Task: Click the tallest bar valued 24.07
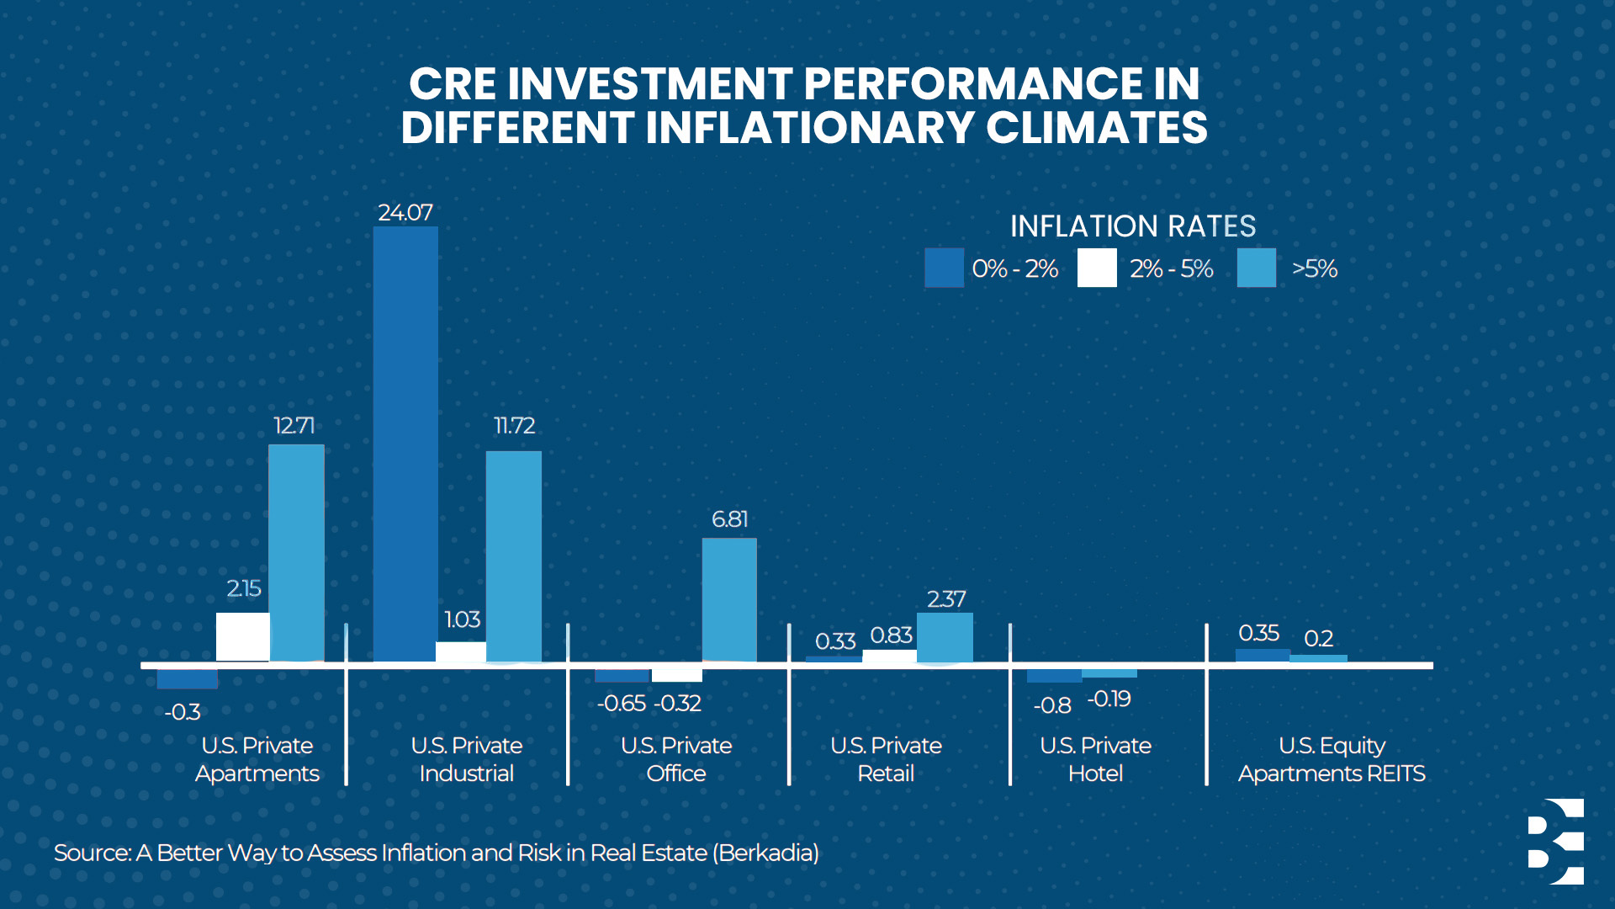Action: [x=405, y=444]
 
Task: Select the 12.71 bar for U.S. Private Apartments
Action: [x=296, y=553]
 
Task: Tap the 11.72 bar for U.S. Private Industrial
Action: [x=514, y=556]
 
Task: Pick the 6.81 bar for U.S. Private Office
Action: [x=729, y=600]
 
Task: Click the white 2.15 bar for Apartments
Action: [x=243, y=637]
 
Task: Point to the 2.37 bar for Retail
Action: [x=945, y=638]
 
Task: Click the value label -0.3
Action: [x=183, y=713]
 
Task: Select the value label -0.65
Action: [x=622, y=704]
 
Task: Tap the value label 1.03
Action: [x=462, y=620]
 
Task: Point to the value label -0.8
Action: [x=1052, y=705]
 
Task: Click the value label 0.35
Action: [x=1258, y=633]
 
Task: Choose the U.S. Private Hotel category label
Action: [x=1095, y=759]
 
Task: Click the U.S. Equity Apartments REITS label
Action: [x=1332, y=759]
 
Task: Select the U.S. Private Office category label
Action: [x=676, y=759]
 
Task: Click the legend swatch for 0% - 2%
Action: [x=944, y=268]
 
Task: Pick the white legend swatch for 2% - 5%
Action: [x=1097, y=268]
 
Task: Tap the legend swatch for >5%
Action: [x=1256, y=268]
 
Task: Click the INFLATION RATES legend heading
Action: [x=1132, y=226]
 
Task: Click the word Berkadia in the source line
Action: [x=765, y=853]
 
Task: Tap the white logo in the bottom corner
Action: [x=1556, y=842]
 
